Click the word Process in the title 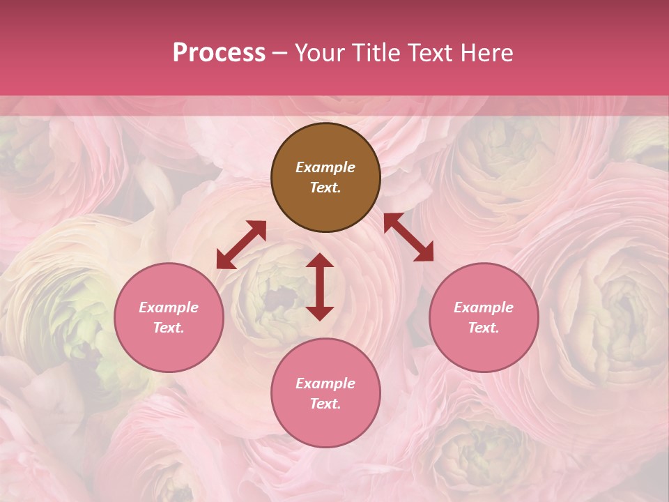pos(219,53)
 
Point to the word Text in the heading pos(429,53)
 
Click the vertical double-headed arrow pos(320,287)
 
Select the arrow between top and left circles pos(241,245)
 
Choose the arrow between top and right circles pos(408,237)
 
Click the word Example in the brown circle pos(325,167)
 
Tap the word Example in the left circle pos(169,307)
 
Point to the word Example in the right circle pos(484,307)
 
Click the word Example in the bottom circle pos(325,383)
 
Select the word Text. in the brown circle pos(325,188)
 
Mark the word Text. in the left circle pos(169,328)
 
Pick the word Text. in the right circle pos(484,328)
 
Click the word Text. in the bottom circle pos(325,404)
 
